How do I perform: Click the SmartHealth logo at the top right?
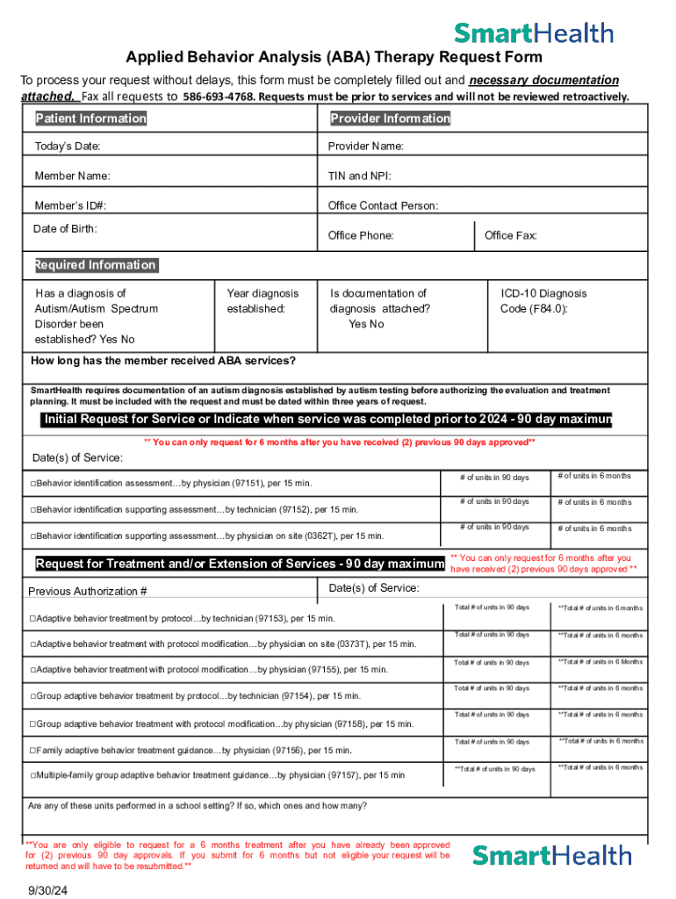533,33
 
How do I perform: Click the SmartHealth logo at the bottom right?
551,855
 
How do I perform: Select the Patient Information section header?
90,119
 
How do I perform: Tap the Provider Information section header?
390,119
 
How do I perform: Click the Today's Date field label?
68,146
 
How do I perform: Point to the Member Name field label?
73,176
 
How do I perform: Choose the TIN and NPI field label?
359,176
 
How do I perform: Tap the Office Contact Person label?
383,206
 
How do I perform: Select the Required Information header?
95,265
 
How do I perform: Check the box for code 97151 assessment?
32,484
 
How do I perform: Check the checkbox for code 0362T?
32,536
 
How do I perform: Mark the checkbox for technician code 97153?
32,619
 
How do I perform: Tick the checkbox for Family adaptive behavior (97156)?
32,751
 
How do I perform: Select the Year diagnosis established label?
262,301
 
